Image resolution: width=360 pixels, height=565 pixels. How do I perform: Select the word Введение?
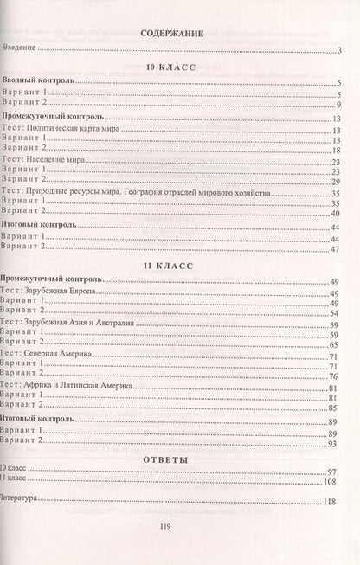point(23,48)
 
